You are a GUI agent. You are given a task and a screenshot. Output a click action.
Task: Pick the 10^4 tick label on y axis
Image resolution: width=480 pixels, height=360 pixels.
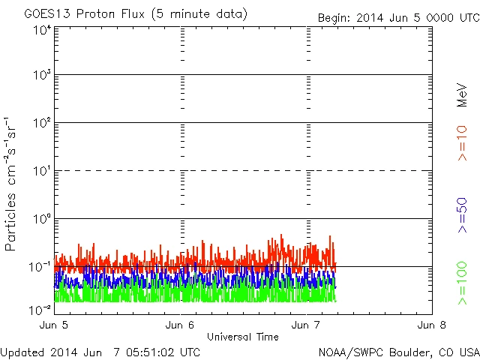pyautogui.click(x=41, y=30)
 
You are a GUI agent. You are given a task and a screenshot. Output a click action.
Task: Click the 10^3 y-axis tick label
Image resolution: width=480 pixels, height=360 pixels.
pyautogui.click(x=41, y=76)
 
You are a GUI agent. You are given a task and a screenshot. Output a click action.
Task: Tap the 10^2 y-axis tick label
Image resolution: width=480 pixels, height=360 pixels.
pyautogui.click(x=41, y=123)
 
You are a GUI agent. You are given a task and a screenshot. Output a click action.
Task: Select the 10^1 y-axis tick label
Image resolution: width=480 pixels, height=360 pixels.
pyautogui.click(x=41, y=171)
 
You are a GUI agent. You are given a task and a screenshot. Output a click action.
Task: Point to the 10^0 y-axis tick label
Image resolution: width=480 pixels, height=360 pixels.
pyautogui.click(x=41, y=219)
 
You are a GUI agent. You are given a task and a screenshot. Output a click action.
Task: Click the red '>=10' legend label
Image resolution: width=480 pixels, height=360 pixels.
pyautogui.click(x=462, y=142)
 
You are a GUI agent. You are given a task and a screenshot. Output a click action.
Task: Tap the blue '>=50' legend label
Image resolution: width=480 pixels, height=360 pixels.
pyautogui.click(x=462, y=217)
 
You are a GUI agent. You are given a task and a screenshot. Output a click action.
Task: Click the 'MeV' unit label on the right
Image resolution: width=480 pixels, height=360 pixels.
pyautogui.click(x=462, y=93)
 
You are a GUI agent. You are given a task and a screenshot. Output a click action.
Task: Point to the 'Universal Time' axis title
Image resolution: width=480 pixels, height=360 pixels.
pyautogui.click(x=243, y=337)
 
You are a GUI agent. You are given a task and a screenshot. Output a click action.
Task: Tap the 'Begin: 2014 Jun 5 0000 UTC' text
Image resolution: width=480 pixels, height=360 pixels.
pyautogui.click(x=397, y=17)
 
